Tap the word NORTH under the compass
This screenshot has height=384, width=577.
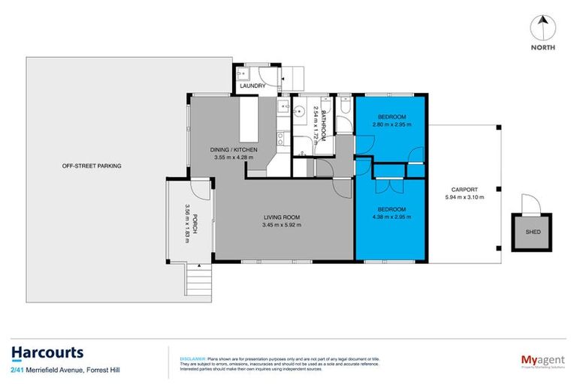[543, 47]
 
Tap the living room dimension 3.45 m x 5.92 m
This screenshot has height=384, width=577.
[282, 224]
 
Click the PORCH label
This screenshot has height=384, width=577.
[195, 226]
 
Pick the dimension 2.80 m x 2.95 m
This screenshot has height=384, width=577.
[391, 124]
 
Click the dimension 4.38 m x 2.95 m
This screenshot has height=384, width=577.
[391, 216]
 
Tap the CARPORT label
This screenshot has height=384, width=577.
[464, 190]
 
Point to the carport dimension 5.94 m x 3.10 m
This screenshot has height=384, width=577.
[464, 198]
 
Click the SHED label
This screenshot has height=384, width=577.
[531, 232]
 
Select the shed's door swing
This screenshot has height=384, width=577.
[530, 203]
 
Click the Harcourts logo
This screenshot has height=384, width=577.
[47, 352]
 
